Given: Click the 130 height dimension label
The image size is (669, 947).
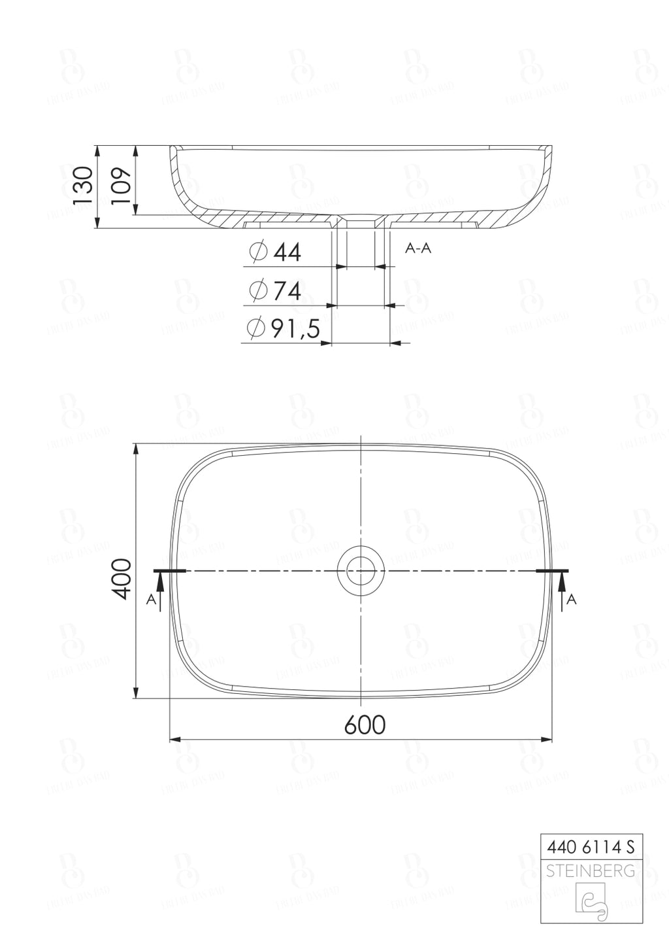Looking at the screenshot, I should click(83, 186).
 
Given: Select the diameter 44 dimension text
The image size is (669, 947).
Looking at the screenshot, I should click(287, 252).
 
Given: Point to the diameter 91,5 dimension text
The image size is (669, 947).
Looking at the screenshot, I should click(295, 328).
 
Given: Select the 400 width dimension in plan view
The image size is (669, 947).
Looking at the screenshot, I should click(122, 578).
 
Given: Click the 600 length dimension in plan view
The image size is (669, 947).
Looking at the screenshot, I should click(365, 725).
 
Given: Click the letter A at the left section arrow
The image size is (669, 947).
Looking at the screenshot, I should click(151, 600).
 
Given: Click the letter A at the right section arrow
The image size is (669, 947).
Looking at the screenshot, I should click(571, 599).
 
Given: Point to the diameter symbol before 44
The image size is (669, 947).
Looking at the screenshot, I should click(259, 252).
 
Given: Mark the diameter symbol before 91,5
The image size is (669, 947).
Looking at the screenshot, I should click(256, 328).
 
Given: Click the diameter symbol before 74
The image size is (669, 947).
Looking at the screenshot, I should click(259, 290).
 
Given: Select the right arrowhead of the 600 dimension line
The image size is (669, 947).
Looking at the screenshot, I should click(547, 740).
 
